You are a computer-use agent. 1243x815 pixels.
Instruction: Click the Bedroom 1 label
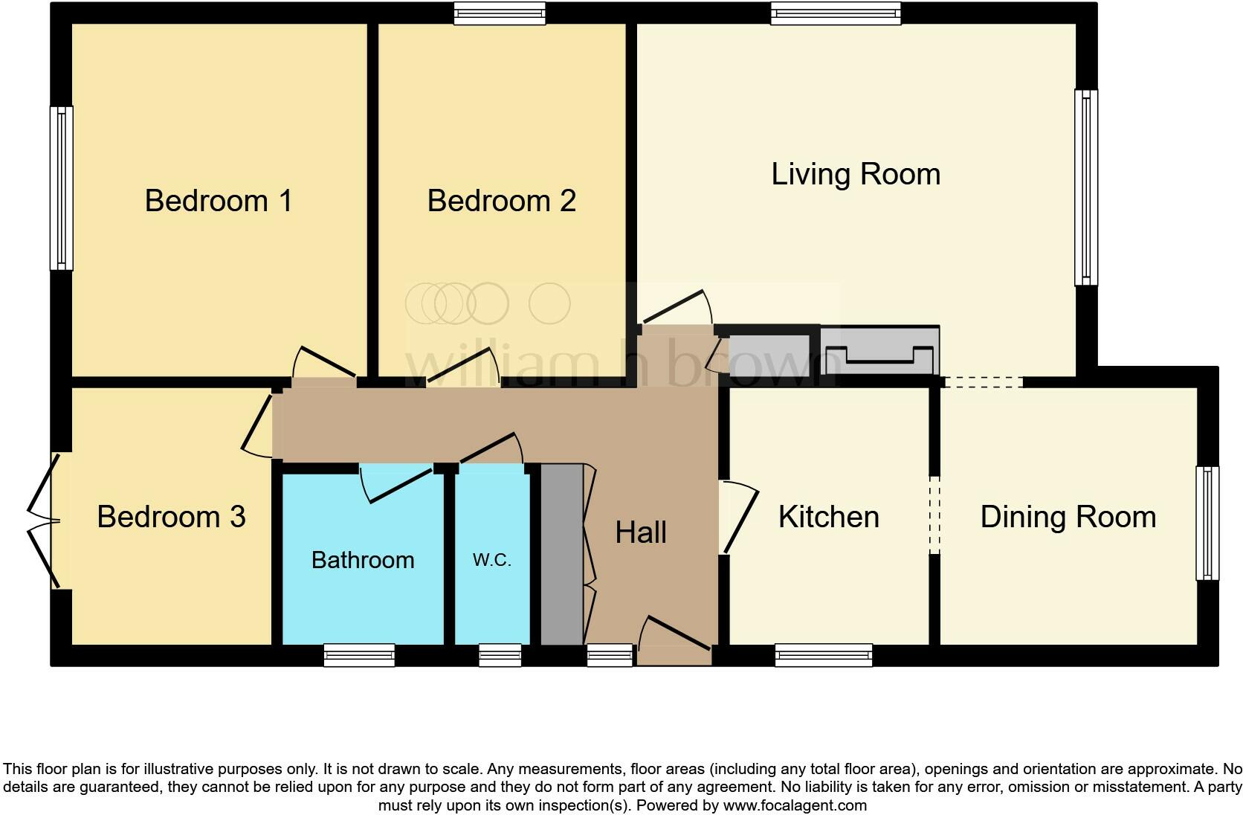(x=218, y=201)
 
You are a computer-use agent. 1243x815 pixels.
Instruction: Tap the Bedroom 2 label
(x=501, y=201)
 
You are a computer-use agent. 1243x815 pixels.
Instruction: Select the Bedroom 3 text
(x=171, y=517)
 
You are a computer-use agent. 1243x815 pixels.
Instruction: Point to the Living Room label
(x=856, y=174)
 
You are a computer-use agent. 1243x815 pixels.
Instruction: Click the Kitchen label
(x=828, y=517)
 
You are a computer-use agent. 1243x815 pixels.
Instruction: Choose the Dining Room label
(x=1068, y=517)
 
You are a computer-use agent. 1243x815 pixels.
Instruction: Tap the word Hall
(x=641, y=532)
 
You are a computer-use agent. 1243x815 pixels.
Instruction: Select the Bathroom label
(x=363, y=560)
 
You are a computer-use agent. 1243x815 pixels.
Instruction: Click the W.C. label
(x=491, y=560)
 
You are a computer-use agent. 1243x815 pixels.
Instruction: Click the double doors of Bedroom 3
(x=43, y=521)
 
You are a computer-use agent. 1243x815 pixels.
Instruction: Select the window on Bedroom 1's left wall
(x=62, y=188)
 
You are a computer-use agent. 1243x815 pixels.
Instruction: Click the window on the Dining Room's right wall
(x=1207, y=524)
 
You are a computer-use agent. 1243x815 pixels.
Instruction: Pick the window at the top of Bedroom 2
(x=500, y=13)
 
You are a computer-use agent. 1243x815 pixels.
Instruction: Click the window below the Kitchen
(x=824, y=655)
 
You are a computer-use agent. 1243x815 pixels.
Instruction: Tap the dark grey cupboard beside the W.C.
(x=561, y=555)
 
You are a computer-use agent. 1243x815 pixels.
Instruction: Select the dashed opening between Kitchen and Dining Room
(x=935, y=515)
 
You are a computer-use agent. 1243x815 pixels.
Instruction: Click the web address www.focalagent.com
(x=795, y=805)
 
